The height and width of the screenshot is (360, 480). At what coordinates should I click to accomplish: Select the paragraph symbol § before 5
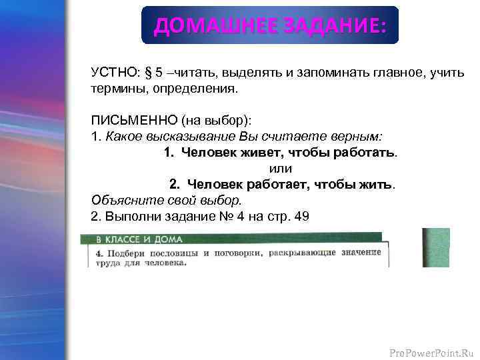tap(149, 73)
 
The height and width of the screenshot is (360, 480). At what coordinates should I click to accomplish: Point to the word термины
tap(114, 88)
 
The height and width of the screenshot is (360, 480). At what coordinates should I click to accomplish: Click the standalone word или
tap(281, 168)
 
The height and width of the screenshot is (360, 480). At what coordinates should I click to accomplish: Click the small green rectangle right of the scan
tap(436, 247)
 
